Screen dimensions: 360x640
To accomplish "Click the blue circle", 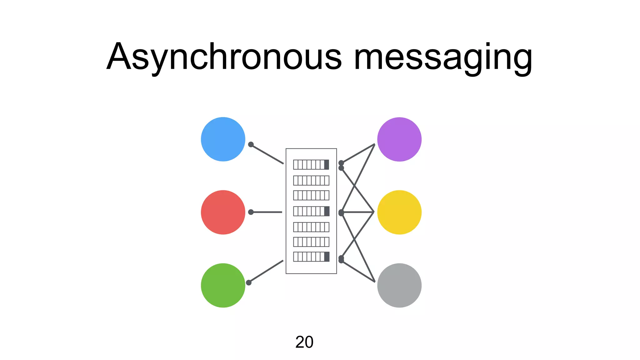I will [x=223, y=139].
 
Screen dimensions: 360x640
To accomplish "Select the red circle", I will [x=223, y=212].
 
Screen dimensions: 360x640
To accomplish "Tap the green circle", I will [x=223, y=285].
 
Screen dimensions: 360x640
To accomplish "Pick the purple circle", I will [x=399, y=139].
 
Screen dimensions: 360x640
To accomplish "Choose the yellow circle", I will [x=399, y=212].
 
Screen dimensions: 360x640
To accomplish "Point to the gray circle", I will [x=399, y=285].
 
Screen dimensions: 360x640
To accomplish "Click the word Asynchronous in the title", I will [x=224, y=57].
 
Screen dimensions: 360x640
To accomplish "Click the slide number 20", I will [x=304, y=342].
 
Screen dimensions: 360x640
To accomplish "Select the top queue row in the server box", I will [x=311, y=164].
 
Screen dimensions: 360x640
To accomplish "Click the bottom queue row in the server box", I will [x=311, y=257].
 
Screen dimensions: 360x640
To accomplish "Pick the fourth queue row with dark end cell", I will [x=311, y=211].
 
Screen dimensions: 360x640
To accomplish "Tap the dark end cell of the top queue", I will [x=327, y=164].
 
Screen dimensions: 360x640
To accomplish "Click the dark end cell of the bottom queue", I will [x=327, y=257].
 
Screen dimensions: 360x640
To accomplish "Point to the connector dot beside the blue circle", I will [x=251, y=144].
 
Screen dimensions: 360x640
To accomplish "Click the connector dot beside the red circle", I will [x=251, y=212].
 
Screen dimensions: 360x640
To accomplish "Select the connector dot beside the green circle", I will [x=249, y=282].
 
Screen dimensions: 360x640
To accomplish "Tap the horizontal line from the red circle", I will [x=267, y=212].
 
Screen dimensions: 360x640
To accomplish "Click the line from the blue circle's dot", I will [x=267, y=154].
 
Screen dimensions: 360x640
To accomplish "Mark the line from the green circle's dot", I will [x=266, y=271].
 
